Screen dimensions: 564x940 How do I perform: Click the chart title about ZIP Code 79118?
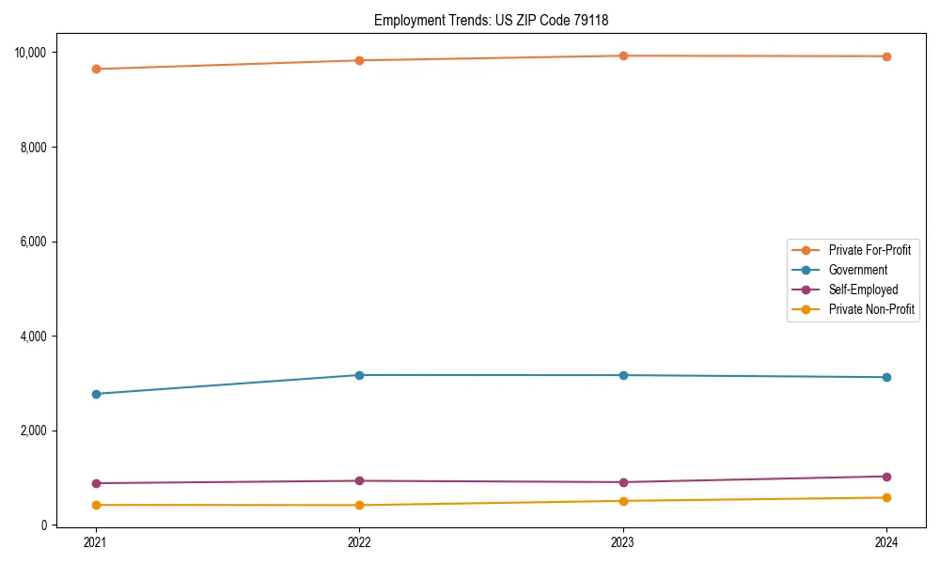click(497, 20)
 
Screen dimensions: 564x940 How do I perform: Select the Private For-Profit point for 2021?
click(96, 69)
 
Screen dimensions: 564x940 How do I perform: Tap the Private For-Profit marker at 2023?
click(623, 55)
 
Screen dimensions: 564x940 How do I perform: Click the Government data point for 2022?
click(359, 375)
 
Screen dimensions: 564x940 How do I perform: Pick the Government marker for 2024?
click(886, 377)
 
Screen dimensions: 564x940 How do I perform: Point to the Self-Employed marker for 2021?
click(96, 483)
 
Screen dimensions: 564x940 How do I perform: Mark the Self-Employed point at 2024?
click(886, 477)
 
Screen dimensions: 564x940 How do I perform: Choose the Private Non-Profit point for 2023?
click(623, 501)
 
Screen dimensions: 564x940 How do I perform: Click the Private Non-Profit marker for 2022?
click(359, 505)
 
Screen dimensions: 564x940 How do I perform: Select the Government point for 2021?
click(96, 394)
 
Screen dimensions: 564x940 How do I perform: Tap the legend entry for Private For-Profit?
click(869, 250)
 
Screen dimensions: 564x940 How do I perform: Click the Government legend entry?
click(857, 270)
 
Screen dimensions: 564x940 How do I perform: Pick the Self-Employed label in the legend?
click(863, 290)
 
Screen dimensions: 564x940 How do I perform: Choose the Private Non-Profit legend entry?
click(871, 309)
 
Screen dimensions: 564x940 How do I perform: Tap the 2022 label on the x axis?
click(359, 541)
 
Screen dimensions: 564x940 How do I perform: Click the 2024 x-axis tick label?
click(886, 541)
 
